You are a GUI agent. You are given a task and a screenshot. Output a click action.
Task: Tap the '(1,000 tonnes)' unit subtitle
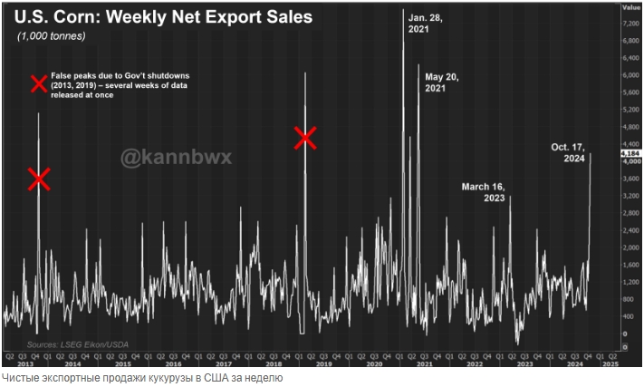52,36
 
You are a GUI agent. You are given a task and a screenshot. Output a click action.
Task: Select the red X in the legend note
39,85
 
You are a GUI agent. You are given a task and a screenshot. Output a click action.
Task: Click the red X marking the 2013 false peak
38,179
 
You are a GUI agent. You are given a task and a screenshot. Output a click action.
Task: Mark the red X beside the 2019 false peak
305,138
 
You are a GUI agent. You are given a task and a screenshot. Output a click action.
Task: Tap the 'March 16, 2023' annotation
483,192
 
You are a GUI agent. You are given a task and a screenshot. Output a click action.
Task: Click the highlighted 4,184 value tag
630,155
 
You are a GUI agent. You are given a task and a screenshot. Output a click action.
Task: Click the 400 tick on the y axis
629,316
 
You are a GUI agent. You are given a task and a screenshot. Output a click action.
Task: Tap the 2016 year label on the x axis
172,363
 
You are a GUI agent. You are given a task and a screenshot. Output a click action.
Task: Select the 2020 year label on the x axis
373,363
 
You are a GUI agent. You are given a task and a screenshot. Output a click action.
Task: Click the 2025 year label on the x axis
609,363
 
